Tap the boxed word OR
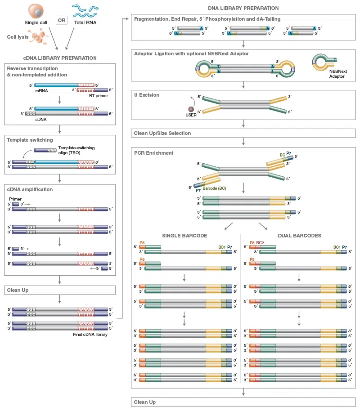click(61, 20)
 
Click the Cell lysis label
click(18, 37)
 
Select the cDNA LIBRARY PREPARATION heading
click(60, 58)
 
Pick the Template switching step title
click(30, 140)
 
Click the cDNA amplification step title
click(30, 189)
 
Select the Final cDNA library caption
click(90, 335)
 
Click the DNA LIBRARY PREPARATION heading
click(243, 8)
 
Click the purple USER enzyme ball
click(191, 109)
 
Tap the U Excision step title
click(147, 95)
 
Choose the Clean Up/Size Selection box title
click(162, 133)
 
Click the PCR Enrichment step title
click(153, 153)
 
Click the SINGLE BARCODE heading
click(184, 236)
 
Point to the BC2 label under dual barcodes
click(261, 242)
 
